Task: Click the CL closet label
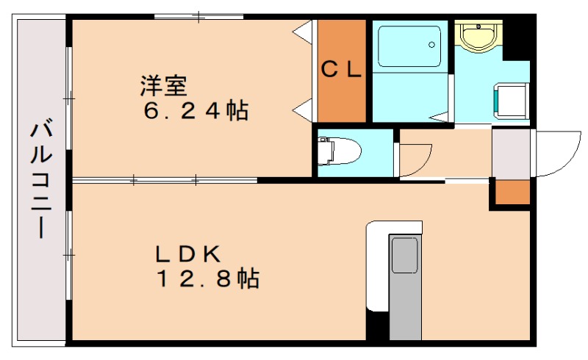pyautogui.click(x=341, y=69)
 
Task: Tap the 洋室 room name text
pyautogui.click(x=164, y=86)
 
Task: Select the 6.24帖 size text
pyautogui.click(x=196, y=111)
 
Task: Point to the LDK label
pyautogui.click(x=188, y=254)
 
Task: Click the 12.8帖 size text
pyautogui.click(x=208, y=278)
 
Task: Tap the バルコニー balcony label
pyautogui.click(x=41, y=179)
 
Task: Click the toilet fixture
pyautogui.click(x=339, y=151)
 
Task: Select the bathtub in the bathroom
pyautogui.click(x=409, y=46)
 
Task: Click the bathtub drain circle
pyautogui.click(x=431, y=45)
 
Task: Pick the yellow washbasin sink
pyautogui.click(x=478, y=36)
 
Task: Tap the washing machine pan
pyautogui.click(x=511, y=101)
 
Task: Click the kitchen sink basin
pyautogui.click(x=405, y=256)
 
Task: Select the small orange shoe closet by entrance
pyautogui.click(x=512, y=192)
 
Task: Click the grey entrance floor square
pyautogui.click(x=511, y=154)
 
